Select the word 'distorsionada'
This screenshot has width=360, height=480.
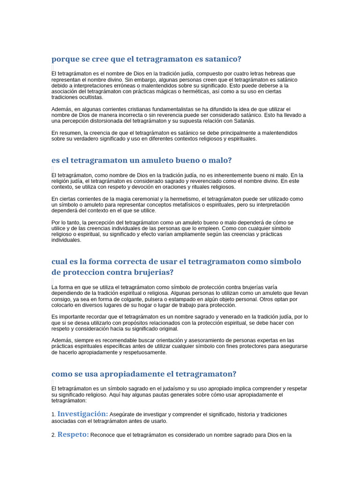click(x=112, y=121)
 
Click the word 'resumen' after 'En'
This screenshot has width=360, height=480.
click(x=69, y=133)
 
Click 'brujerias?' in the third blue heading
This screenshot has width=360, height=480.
click(x=151, y=272)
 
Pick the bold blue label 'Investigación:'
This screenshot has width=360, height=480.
click(x=82, y=414)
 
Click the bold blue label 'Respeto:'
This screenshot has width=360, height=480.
click(x=73, y=435)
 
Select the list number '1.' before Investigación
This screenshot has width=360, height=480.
click(x=53, y=415)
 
